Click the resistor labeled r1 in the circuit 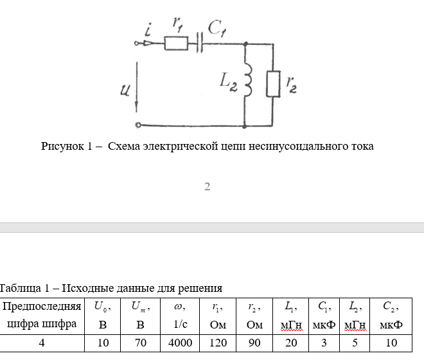(x=176, y=44)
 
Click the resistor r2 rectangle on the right (x=274, y=84)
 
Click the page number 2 (x=208, y=187)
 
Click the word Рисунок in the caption (x=63, y=146)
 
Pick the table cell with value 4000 (x=181, y=343)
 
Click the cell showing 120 (x=218, y=343)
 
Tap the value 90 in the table (x=254, y=343)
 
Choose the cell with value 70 (x=140, y=343)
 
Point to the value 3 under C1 (x=324, y=343)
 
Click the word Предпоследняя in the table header (x=42, y=307)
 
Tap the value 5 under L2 (x=355, y=343)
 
